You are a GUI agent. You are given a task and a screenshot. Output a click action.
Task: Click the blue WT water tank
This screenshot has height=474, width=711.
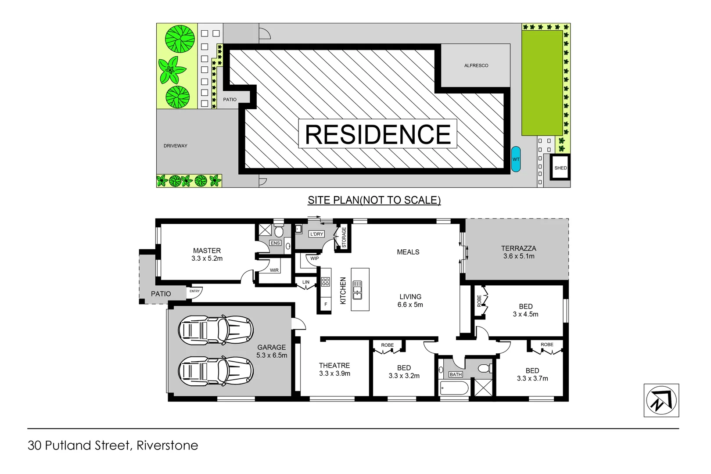tap(516, 159)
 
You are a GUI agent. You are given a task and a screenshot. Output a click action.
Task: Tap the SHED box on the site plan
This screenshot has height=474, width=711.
tap(560, 168)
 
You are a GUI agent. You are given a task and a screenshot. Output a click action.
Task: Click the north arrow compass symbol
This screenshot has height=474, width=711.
tap(661, 400)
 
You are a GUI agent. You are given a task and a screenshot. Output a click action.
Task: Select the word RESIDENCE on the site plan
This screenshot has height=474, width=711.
tap(377, 134)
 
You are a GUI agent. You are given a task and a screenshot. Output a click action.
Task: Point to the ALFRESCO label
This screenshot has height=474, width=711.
tap(476, 65)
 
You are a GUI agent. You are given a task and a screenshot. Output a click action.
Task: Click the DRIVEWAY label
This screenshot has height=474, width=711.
tap(176, 146)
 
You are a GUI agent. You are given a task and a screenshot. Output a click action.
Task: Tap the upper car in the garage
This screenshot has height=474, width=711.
tap(215, 330)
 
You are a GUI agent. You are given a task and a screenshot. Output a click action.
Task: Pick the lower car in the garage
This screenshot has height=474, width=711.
tap(215, 371)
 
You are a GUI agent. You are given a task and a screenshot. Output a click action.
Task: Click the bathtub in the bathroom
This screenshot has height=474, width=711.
tap(454, 388)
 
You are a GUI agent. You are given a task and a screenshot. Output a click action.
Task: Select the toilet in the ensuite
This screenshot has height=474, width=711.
tap(279, 231)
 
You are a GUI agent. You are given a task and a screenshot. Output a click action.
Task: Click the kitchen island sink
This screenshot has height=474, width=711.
tap(358, 290)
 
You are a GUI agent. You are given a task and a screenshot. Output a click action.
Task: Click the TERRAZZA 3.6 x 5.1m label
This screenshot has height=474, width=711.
tap(519, 252)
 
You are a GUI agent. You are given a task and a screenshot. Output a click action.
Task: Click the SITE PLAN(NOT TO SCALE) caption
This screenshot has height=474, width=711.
tap(374, 200)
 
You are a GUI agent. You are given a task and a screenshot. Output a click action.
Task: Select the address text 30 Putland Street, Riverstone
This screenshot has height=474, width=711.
tap(113, 445)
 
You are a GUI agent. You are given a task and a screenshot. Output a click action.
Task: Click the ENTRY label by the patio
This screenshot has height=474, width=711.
tap(194, 291)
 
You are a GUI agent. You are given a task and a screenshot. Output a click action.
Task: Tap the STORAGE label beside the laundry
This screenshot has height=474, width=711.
tap(344, 237)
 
